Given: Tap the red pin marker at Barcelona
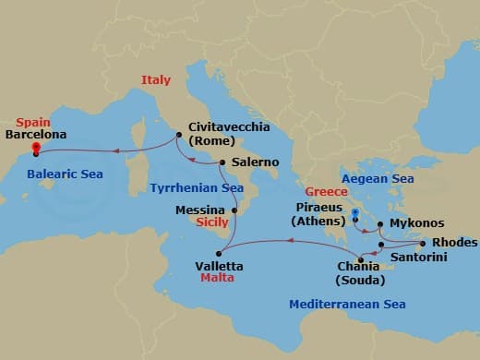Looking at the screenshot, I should tap(35, 148).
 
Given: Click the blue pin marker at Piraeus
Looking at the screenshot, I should tap(354, 213).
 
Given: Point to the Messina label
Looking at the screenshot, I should tap(200, 210).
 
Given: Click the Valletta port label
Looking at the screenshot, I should tap(220, 266).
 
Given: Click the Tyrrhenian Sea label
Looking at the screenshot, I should tap(197, 187).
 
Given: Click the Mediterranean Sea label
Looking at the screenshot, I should tap(347, 304).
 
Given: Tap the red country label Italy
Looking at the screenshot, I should tap(156, 80).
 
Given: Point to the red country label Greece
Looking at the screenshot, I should tap(327, 192).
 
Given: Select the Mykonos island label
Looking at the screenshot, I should tap(417, 223).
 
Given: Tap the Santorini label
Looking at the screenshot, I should tap(418, 258).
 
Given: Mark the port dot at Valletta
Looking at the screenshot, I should tap(219, 253).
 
